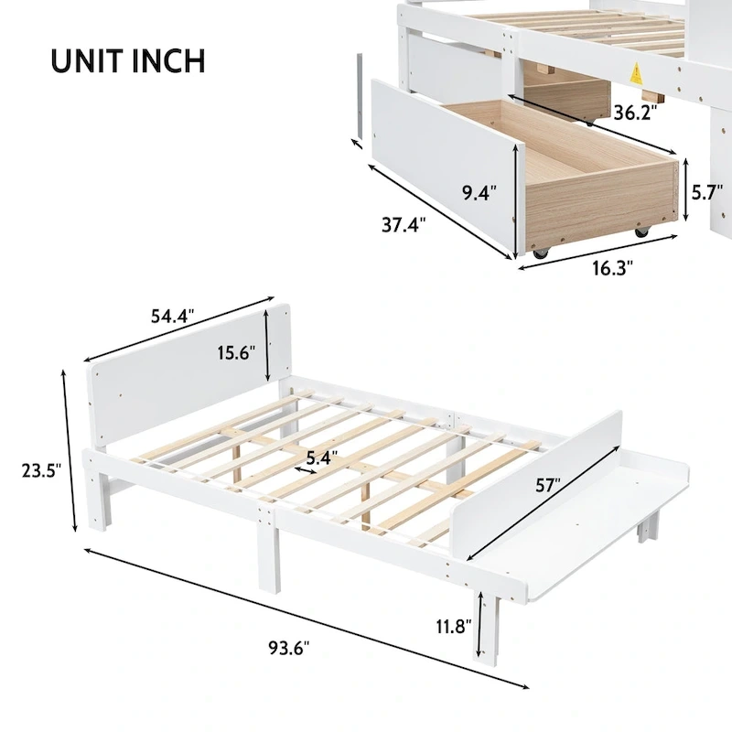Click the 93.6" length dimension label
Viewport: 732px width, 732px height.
click(x=289, y=648)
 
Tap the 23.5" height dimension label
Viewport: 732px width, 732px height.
click(x=41, y=470)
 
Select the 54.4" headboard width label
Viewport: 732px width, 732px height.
click(x=171, y=316)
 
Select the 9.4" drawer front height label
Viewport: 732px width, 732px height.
click(x=479, y=193)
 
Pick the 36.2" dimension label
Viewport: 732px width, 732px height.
click(x=637, y=113)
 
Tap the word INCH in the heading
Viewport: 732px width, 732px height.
click(x=171, y=59)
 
